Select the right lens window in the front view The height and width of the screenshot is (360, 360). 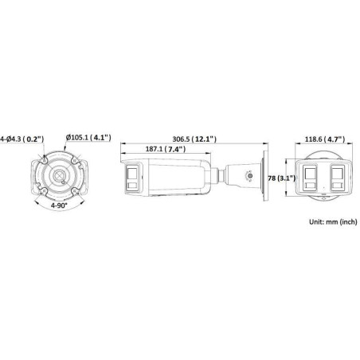(x=335, y=178)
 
